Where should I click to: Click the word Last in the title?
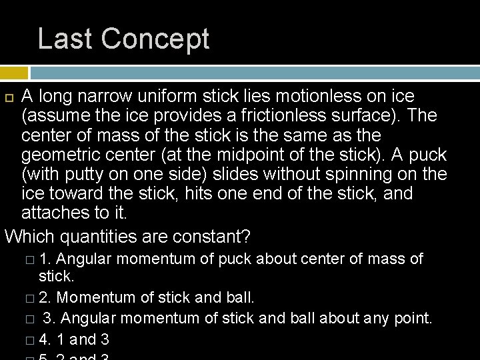coord(64,39)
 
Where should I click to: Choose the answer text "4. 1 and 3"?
coord(73,340)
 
